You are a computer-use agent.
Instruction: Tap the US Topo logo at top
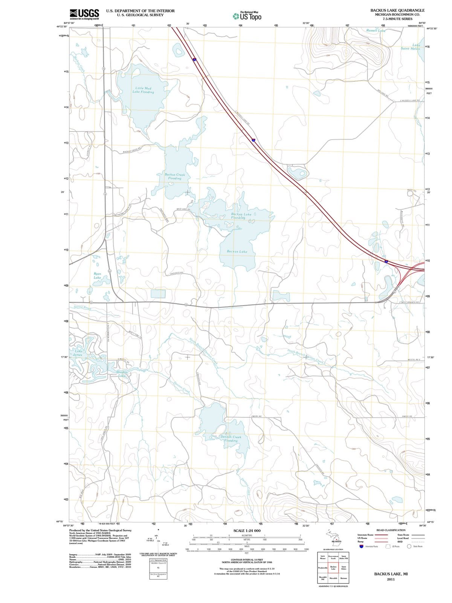[247, 16]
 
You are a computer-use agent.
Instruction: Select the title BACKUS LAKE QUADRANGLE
[397, 10]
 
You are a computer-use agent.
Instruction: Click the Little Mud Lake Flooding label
[143, 90]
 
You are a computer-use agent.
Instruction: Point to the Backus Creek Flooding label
[175, 176]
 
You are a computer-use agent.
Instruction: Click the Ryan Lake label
[97, 275]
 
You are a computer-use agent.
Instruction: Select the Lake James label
[78, 353]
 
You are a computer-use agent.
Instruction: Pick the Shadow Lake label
[121, 374]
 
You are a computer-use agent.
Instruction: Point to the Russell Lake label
[376, 30]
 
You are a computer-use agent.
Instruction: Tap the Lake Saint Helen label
[411, 47]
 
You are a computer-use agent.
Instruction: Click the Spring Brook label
[82, 308]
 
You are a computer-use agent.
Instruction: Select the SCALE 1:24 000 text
[247, 531]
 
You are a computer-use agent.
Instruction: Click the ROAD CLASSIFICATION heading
[391, 530]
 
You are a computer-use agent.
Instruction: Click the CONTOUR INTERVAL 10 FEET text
[247, 560]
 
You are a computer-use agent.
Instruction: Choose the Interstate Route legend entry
[365, 535]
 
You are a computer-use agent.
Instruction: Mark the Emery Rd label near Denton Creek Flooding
[257, 416]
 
